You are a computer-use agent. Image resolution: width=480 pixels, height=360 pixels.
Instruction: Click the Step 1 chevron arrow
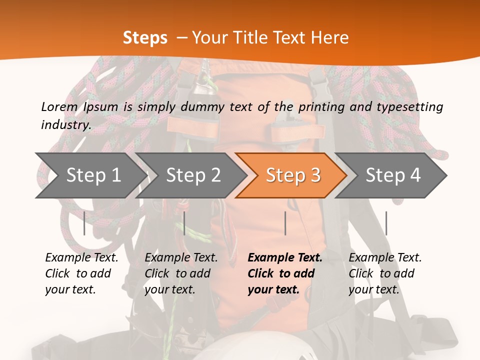tap(90, 175)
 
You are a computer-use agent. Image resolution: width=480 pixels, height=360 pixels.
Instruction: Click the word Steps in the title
tap(145, 38)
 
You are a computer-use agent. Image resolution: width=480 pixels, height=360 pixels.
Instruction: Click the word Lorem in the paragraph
tap(59, 106)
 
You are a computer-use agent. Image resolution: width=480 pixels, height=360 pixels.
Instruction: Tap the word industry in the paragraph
tap(65, 124)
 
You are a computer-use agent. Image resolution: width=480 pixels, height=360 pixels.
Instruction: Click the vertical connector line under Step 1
tap(84, 223)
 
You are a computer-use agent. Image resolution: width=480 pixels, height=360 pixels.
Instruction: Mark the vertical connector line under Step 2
tap(184, 223)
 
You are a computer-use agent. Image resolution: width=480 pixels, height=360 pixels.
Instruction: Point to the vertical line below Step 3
tap(285, 223)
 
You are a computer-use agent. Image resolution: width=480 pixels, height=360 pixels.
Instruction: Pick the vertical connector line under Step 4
tap(386, 223)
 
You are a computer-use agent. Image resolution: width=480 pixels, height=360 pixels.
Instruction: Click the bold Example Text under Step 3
tap(285, 258)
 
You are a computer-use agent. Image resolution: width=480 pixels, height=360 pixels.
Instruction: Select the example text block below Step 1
tap(81, 273)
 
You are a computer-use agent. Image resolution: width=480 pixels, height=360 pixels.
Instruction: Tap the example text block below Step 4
tap(385, 273)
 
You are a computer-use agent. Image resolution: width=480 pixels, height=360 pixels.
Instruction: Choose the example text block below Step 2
tap(181, 273)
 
